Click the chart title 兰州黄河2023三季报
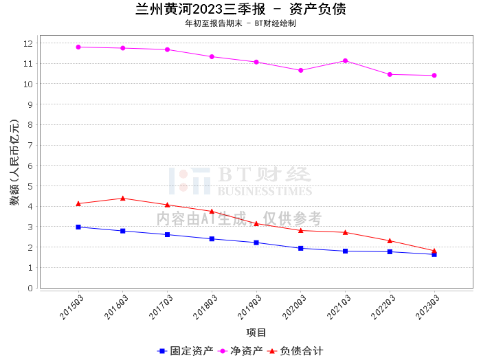point(201,9)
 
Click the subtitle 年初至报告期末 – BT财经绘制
point(240,23)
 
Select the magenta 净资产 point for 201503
point(78,47)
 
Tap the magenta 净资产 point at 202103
point(345,60)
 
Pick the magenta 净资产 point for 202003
point(301,71)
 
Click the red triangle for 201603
point(123,199)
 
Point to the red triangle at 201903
point(256,224)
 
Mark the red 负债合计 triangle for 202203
point(390,240)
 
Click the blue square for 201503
point(78,227)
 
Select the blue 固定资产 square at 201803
point(212,239)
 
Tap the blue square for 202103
point(345,251)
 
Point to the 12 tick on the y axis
point(28,43)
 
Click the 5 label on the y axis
point(30,186)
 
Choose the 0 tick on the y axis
point(30,289)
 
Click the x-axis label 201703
point(161,307)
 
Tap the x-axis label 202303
point(427,307)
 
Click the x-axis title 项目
point(256,333)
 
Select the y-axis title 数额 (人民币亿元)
point(14,162)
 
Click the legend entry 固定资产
point(185,351)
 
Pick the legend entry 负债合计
point(295,351)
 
